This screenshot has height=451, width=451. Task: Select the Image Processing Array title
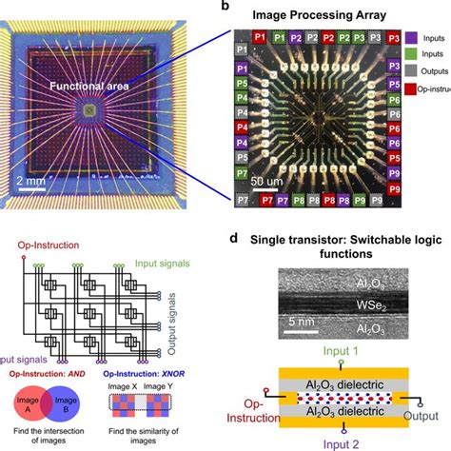[337, 14]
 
